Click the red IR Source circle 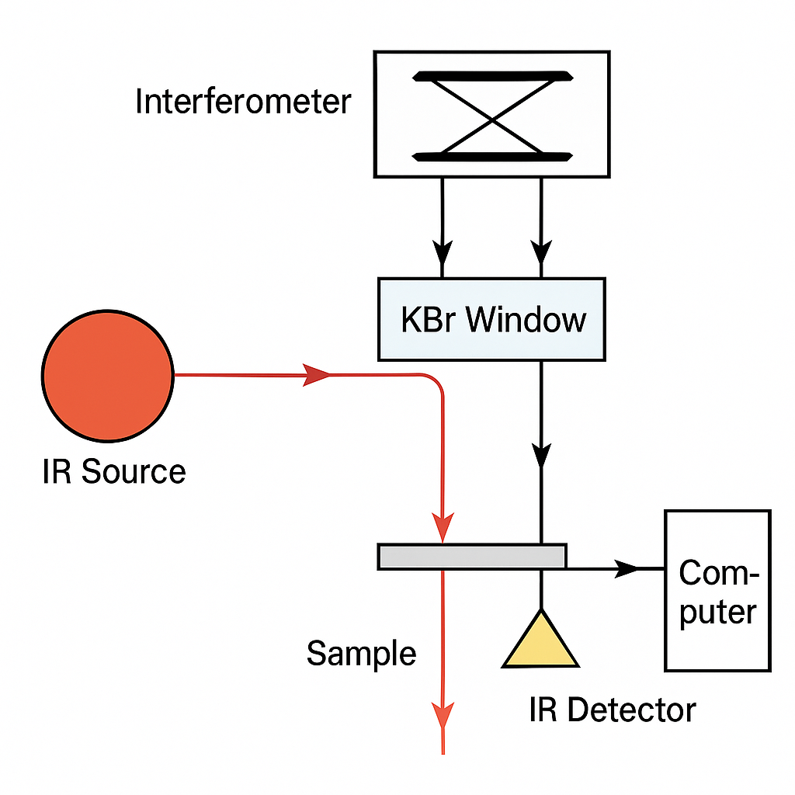[107, 375]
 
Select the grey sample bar [472, 556]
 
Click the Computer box [717, 590]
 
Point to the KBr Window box [491, 319]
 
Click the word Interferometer [243, 102]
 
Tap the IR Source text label [114, 471]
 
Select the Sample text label [361, 653]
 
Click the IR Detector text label [613, 709]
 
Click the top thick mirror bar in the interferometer [494, 76]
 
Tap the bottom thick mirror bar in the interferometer [494, 157]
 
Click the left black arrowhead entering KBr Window [443, 252]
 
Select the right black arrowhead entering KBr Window [541, 252]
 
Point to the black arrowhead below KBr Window [541, 454]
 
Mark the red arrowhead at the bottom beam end [442, 714]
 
